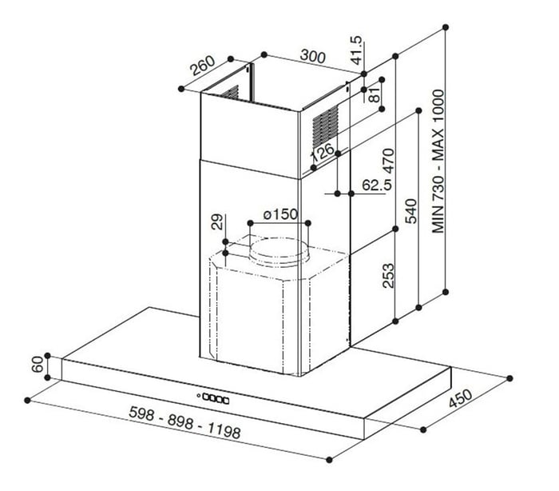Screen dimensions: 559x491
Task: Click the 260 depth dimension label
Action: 203,66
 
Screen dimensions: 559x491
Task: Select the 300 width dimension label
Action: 313,56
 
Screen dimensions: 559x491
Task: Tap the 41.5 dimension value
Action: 356,50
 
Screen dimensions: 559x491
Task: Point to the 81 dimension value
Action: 375,95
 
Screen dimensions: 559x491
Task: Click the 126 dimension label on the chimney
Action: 323,153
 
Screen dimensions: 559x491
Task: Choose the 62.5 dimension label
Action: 377,185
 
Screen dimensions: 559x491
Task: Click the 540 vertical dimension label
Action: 410,211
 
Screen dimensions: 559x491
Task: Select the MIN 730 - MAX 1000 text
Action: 438,162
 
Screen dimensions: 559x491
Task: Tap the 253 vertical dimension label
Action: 388,276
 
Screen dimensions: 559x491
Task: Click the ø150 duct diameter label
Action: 280,214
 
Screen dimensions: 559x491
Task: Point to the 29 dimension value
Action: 217,222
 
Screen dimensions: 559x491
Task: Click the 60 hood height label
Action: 38,365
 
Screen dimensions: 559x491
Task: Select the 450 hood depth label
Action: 460,398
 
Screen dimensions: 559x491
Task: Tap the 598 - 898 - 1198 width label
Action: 184,422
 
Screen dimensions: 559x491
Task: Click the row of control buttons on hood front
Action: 216,398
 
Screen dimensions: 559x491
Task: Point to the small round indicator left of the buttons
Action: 199,395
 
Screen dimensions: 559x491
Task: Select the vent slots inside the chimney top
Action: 230,93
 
